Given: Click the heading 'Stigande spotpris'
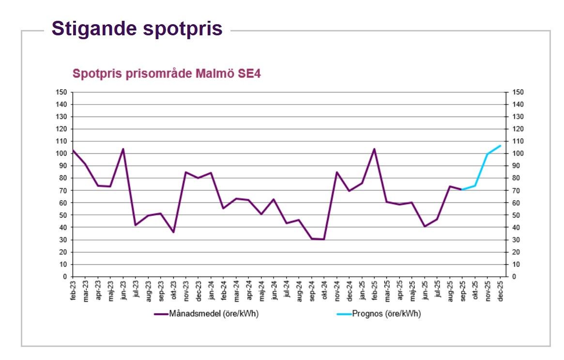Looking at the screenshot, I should [x=137, y=29].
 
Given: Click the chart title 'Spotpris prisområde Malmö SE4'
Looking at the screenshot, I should [x=167, y=74].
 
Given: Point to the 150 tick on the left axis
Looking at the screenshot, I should [x=61, y=92].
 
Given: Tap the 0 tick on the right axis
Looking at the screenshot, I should [x=514, y=277].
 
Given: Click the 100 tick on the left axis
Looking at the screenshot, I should [x=61, y=154].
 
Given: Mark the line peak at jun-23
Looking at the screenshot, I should [x=123, y=149].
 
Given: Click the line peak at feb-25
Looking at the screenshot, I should [x=374, y=149].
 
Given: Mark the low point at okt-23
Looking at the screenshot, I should [x=173, y=232].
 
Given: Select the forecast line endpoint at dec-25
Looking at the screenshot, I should [x=500, y=146].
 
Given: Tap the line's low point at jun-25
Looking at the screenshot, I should [x=425, y=226].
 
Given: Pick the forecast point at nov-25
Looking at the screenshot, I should [x=488, y=154].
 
